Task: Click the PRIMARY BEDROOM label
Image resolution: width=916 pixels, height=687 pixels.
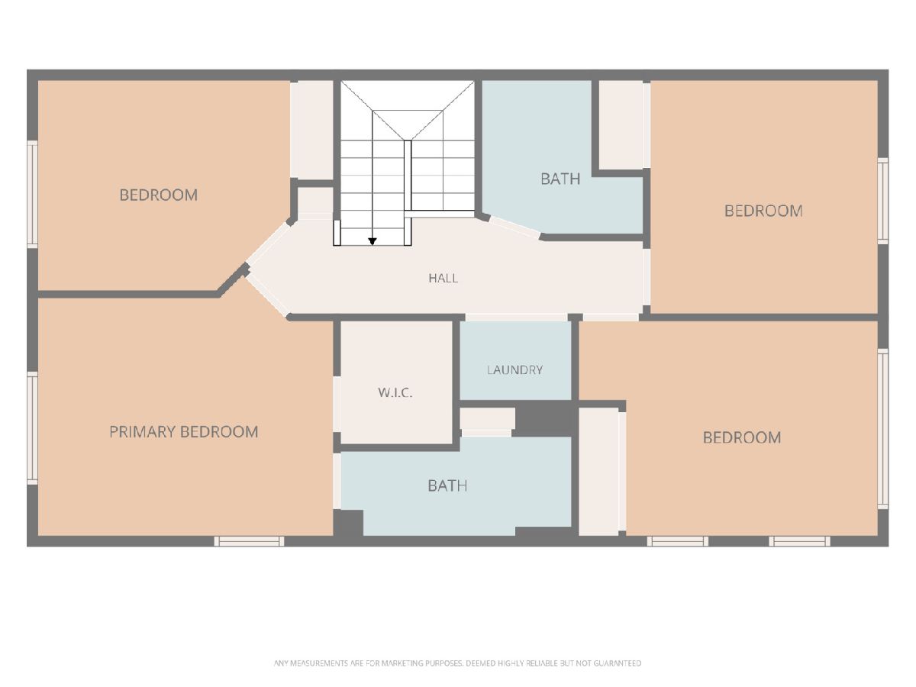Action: coord(184,432)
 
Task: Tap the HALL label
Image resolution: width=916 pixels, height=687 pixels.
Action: coord(443,278)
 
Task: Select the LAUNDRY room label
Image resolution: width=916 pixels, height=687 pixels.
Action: coord(514,369)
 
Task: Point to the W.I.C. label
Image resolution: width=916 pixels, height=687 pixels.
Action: coord(395,392)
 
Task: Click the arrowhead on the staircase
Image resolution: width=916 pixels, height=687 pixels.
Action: coord(373,241)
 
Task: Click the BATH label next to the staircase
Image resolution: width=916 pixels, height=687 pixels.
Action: coord(560,179)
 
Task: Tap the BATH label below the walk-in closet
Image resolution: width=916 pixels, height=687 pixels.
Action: coord(447,485)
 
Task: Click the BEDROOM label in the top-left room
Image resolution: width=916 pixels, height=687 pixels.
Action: coord(159,195)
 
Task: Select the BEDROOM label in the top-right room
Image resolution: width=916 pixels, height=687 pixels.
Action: coord(763,211)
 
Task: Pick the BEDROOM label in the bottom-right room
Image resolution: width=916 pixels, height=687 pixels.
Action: coord(741,437)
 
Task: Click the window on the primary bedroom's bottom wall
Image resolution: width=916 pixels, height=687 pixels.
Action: coord(249,541)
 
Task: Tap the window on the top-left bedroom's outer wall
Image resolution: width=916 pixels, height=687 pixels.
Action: coord(33,194)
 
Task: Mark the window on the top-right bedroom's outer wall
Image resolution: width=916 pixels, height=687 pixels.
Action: coord(882,201)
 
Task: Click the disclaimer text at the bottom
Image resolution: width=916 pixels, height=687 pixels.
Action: coord(457,663)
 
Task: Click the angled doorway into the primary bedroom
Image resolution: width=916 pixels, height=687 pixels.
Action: coord(267,295)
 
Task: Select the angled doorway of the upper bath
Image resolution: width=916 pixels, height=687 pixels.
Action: coord(515,227)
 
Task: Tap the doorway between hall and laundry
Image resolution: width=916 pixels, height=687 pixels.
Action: coord(517,318)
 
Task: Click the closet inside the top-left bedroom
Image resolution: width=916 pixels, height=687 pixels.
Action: coord(311,130)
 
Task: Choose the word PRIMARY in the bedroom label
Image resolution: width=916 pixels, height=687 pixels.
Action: coord(142,432)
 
